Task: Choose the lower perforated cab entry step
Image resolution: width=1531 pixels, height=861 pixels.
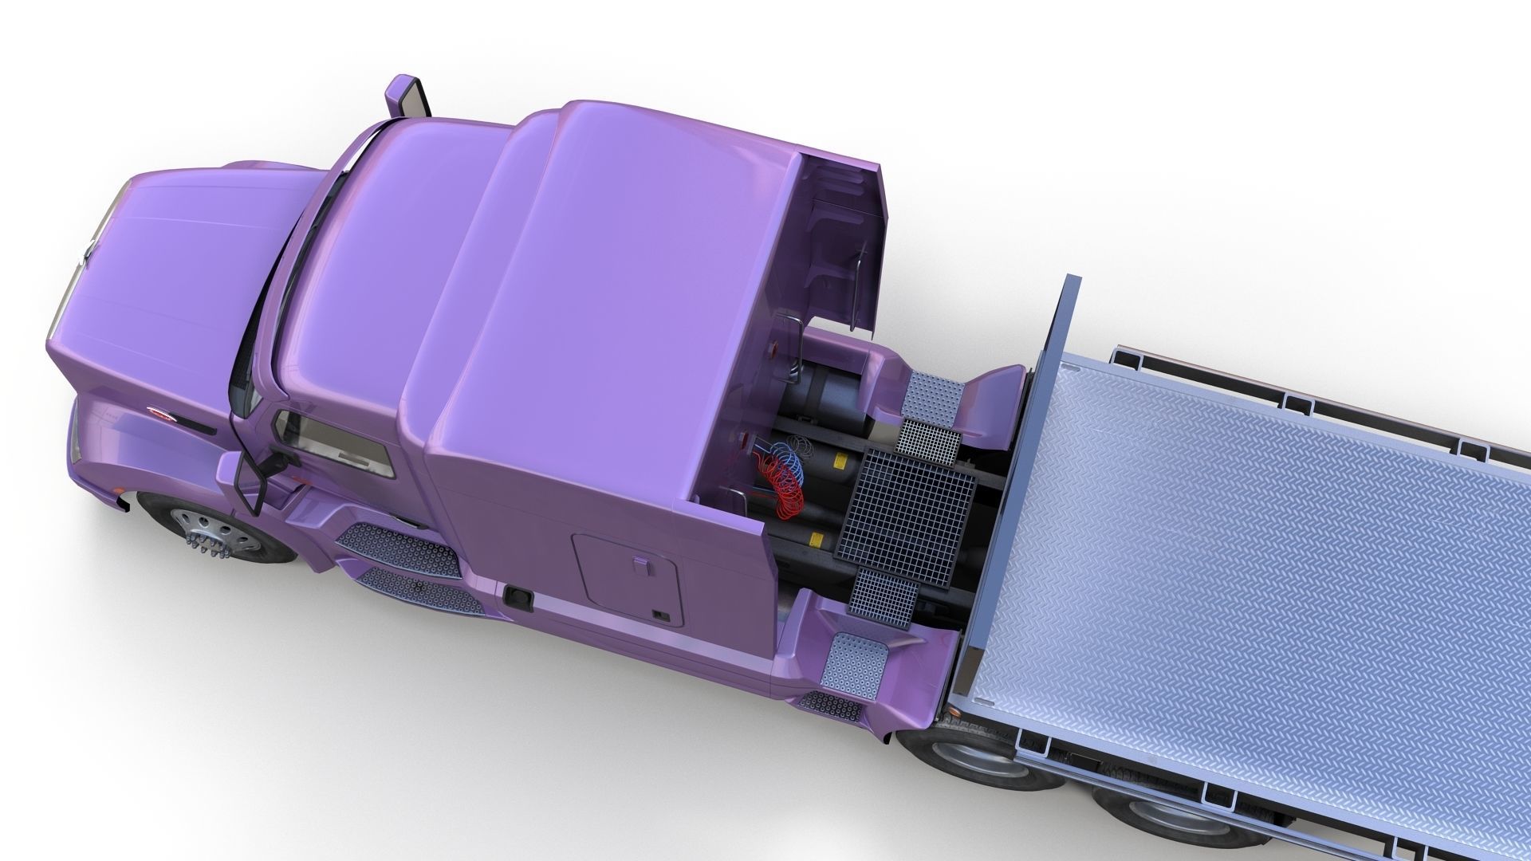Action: tap(419, 590)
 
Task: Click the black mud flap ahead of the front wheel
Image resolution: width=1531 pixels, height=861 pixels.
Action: tap(123, 504)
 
